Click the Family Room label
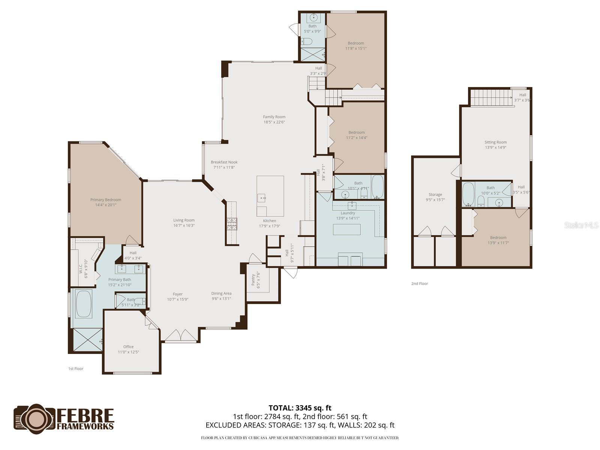pos(274,117)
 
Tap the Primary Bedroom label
pos(106,200)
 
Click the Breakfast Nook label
pos(224,162)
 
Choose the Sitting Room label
pos(495,142)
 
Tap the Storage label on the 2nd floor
pos(435,195)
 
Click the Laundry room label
pos(348,213)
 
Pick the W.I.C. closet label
pos(81,267)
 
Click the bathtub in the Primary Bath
pos(84,304)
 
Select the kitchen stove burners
pos(231,224)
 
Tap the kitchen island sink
pos(262,198)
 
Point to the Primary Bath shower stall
pos(87,340)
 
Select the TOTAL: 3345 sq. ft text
pos(300,408)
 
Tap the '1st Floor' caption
pos(76,369)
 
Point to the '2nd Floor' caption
pos(420,283)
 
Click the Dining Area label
pos(221,294)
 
